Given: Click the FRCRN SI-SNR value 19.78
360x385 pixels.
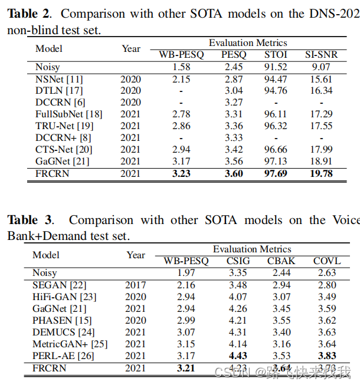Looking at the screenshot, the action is [x=321, y=173].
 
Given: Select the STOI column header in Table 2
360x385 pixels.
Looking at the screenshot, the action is [x=276, y=55].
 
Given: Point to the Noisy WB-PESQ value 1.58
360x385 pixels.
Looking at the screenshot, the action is [x=181, y=67].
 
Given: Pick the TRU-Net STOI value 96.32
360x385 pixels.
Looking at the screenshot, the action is [x=276, y=126].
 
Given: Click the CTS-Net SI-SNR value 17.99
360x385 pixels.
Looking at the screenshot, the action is [x=321, y=150].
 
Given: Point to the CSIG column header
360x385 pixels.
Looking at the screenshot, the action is [x=238, y=261].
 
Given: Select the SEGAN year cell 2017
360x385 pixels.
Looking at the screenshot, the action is [x=136, y=285].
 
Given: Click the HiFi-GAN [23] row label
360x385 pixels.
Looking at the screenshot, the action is [x=63, y=297].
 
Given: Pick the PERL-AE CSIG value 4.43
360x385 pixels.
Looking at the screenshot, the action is [x=238, y=356].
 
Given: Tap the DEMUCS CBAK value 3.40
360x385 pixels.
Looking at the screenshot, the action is [x=282, y=332].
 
